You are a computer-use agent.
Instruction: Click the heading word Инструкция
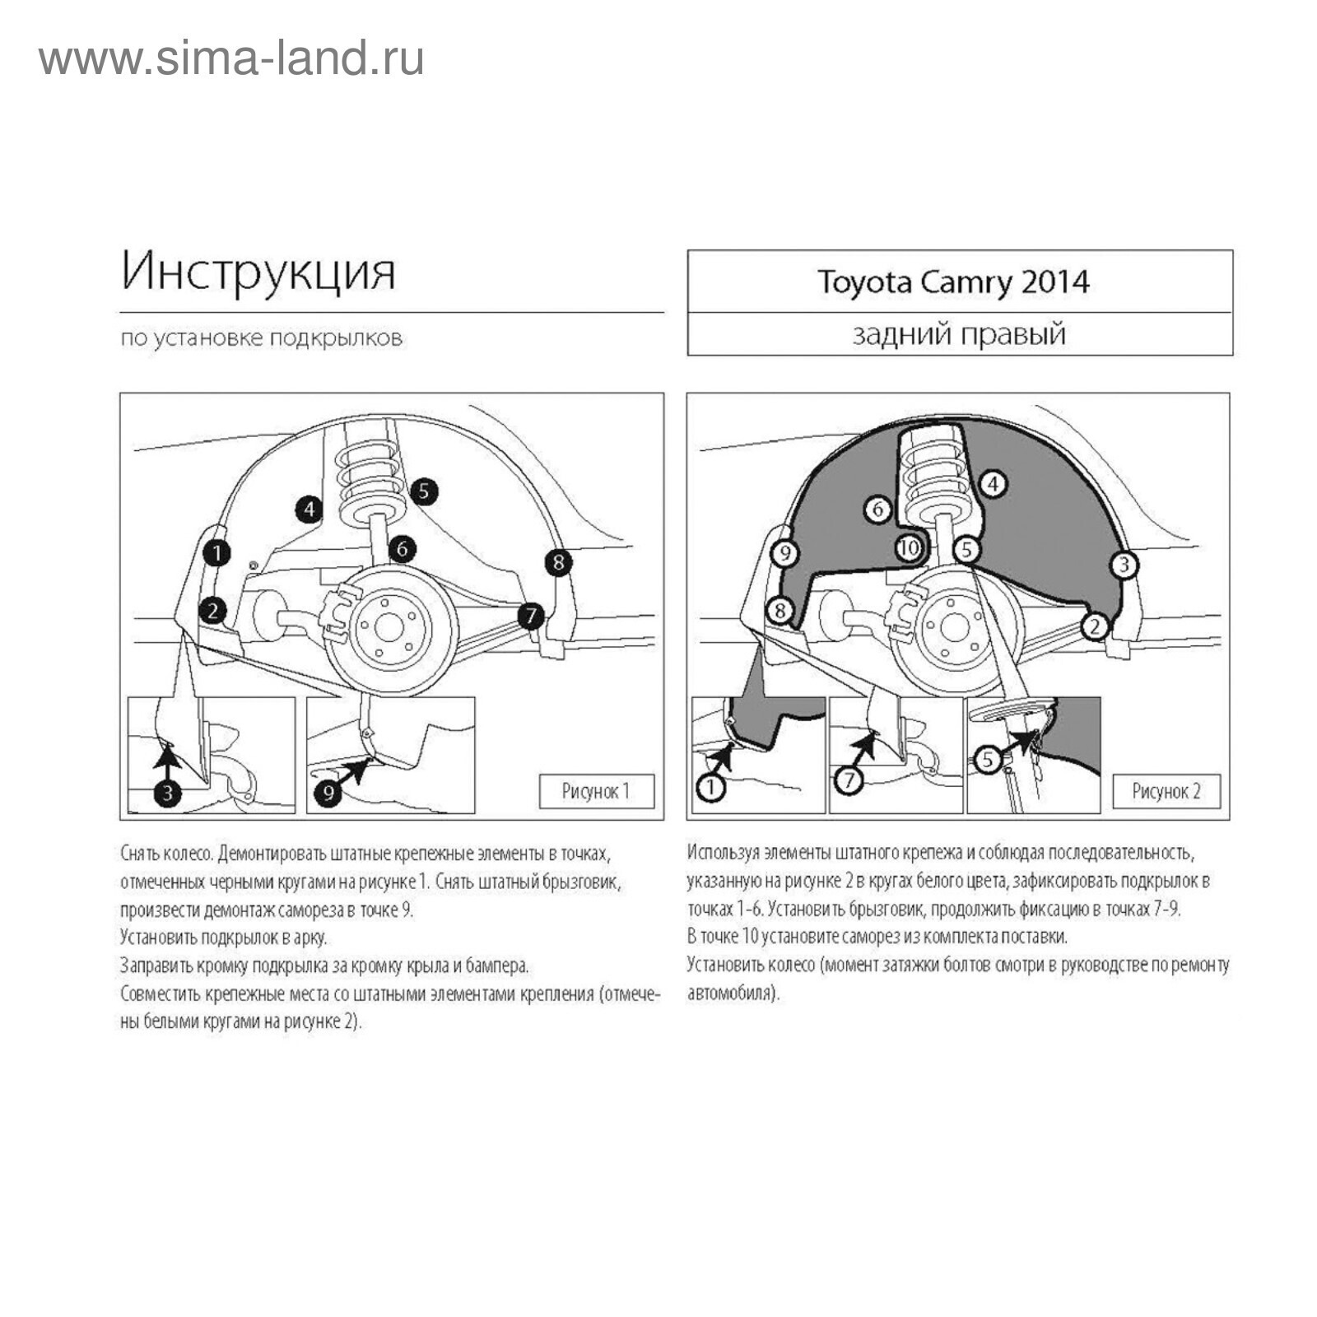pos(258,272)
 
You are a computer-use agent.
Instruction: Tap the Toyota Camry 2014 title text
pos(953,282)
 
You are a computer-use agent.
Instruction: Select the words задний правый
pos(959,334)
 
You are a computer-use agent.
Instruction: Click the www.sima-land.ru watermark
pos(231,59)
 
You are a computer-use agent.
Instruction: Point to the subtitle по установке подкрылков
pos(262,338)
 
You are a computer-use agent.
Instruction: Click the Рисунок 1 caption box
pos(596,791)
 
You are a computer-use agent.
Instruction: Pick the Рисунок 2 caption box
pos(1166,791)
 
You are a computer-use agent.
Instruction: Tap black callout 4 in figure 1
pos(309,510)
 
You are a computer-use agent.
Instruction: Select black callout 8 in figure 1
pos(558,562)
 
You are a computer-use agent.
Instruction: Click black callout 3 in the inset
pos(167,793)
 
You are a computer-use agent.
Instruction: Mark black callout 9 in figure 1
pos(328,793)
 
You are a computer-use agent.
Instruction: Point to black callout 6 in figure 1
pos(402,548)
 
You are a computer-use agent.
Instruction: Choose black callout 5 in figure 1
pos(423,491)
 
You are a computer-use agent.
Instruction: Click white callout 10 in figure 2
pos(910,548)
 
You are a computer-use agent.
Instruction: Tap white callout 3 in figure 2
pos(1124,565)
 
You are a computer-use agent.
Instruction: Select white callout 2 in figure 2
pos(1094,626)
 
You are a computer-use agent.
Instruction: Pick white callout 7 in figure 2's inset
pos(849,779)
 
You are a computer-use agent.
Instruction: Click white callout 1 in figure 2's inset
pos(710,788)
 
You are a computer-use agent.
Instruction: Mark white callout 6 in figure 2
pos(877,510)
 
